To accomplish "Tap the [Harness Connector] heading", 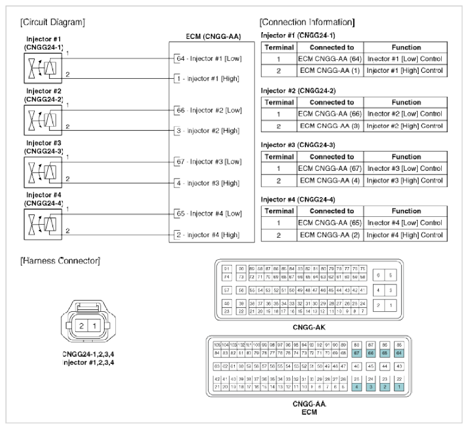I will click(59, 261).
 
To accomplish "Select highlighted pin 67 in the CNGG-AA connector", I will click(357, 352).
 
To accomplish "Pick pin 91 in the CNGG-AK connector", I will click(227, 269).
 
